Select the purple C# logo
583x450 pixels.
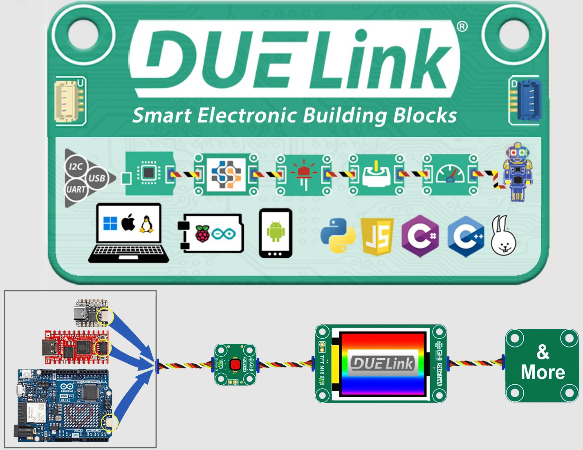pos(420,236)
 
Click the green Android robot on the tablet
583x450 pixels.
pos(276,231)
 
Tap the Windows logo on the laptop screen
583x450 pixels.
pos(110,223)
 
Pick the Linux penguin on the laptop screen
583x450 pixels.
pos(146,224)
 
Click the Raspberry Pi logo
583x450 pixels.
pos(203,234)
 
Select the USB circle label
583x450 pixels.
pos(97,178)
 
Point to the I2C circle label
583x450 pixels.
pos(76,167)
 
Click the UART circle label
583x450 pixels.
pos(76,189)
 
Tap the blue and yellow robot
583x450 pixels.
pos(518,172)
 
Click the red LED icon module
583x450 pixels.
pos(303,174)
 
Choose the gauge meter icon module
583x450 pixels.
pos(450,174)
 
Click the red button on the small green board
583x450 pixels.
pos(235,364)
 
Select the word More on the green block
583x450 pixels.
pos(543,372)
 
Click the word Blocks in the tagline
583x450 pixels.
pos(425,116)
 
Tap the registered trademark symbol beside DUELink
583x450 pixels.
pos(462,27)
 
